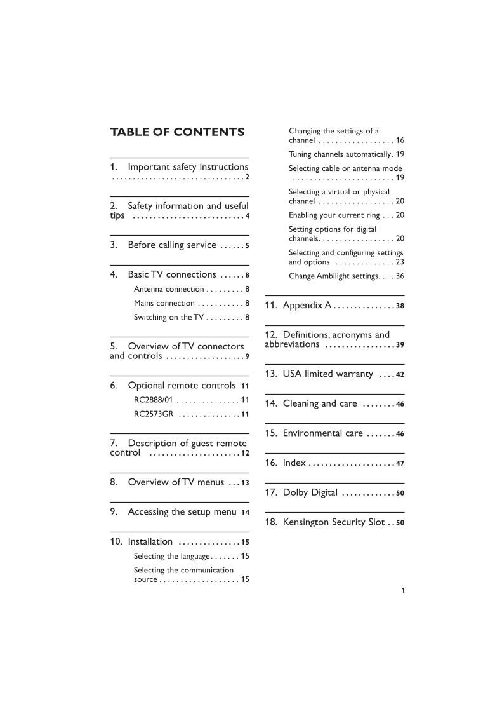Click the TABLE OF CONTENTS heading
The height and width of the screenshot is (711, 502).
click(177, 132)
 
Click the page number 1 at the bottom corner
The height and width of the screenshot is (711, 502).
click(403, 590)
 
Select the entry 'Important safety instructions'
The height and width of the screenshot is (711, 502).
click(188, 167)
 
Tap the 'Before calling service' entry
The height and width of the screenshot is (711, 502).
click(172, 245)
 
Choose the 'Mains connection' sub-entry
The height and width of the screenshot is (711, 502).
click(164, 303)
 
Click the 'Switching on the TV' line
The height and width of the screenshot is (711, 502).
click(169, 317)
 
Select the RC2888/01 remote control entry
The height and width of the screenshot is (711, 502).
click(154, 400)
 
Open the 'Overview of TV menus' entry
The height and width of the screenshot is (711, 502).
click(176, 482)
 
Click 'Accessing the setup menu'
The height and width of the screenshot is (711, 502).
click(182, 512)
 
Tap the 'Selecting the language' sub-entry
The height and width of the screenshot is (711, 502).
click(171, 556)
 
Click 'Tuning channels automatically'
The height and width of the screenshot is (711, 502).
click(341, 154)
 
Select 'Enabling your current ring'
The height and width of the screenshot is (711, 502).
click(334, 215)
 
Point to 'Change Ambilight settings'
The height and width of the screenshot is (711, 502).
click(333, 276)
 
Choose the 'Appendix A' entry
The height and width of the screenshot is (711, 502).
click(307, 306)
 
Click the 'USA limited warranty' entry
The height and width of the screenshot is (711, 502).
click(327, 374)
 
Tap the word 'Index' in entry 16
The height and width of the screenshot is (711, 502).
click(294, 463)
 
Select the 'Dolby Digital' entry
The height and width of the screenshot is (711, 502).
click(310, 492)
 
